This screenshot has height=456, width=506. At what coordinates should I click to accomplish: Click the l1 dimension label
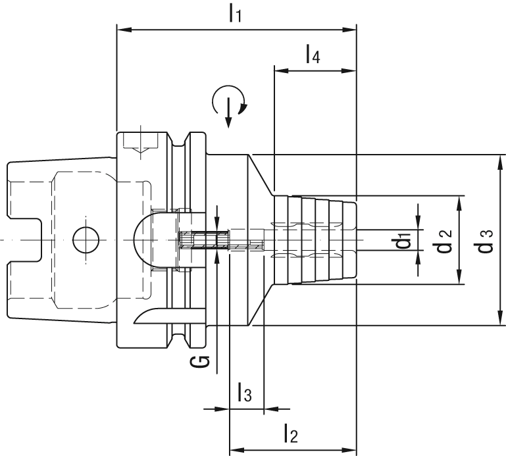(236, 13)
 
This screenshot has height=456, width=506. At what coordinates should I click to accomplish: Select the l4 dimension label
(313, 55)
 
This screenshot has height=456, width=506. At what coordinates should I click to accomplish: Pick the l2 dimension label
(290, 433)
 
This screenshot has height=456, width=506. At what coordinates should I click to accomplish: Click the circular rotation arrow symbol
(228, 103)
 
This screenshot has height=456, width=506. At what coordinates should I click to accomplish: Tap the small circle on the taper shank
(84, 240)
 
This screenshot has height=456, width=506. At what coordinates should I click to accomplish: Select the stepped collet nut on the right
(316, 240)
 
